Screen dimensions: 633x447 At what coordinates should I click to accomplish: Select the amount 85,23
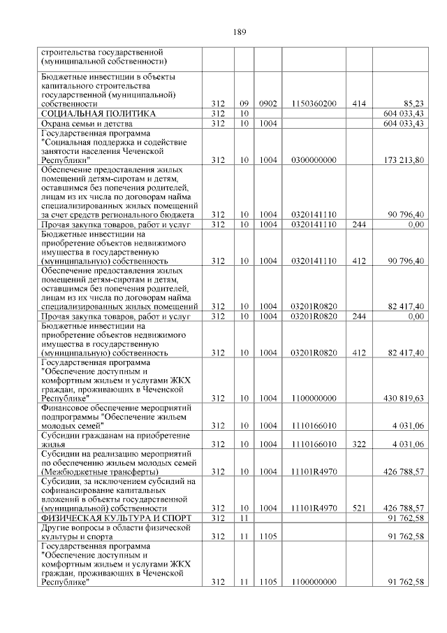[x=415, y=104]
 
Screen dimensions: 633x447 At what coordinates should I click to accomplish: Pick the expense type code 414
[x=359, y=104]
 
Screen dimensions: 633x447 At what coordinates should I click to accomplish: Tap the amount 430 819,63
[x=404, y=398]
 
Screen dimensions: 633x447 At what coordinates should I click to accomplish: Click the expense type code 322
[x=359, y=444]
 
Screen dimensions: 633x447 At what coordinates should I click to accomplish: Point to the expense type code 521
[x=359, y=508]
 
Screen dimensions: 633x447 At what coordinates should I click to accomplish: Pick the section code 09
[x=244, y=104]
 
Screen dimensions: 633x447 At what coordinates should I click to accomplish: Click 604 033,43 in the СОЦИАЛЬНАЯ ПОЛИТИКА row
[x=404, y=113]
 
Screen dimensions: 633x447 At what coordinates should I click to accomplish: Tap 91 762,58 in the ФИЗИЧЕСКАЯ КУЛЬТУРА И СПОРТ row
[x=407, y=518]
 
